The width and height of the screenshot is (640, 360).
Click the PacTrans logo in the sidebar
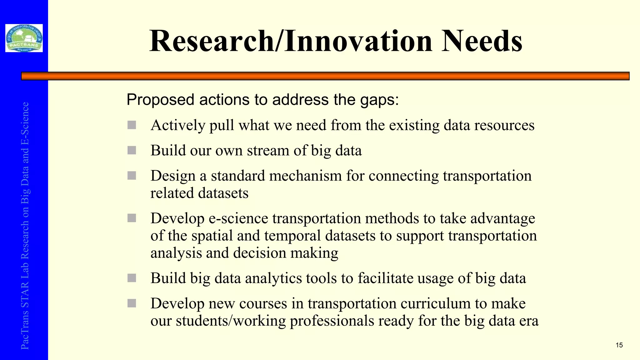24,38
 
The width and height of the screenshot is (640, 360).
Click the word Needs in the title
482,41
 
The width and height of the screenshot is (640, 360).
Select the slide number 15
619,345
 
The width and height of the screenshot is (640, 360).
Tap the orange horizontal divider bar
325,76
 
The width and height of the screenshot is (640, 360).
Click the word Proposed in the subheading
160,100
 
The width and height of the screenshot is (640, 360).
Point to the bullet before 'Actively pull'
132,125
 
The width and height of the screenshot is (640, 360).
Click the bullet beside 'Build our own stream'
132,150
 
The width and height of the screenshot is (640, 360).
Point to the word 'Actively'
178,125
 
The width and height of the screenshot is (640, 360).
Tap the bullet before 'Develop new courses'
132,303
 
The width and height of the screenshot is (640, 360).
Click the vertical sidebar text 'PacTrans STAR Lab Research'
25,281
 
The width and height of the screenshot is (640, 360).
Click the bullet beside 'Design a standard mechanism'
132,176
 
